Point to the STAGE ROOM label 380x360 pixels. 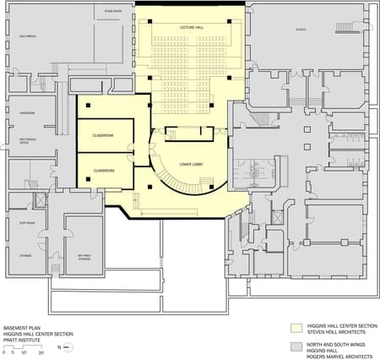pyautogui.click(x=113, y=12)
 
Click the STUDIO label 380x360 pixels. pyautogui.click(x=301, y=30)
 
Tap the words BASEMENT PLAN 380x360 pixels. pyautogui.click(x=19, y=326)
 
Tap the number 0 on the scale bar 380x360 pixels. pyautogui.click(x=4, y=352)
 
